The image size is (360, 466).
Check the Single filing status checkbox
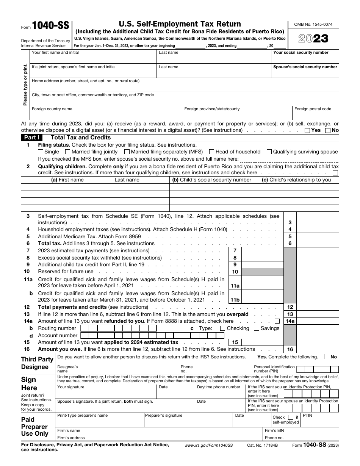[x=41, y=152]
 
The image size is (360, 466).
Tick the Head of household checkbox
[x=212, y=152]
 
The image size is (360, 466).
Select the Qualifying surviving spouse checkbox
[x=269, y=152]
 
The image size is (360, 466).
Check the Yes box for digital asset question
[x=307, y=130]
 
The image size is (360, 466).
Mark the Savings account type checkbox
[x=257, y=328]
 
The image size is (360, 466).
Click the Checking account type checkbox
[x=222, y=328]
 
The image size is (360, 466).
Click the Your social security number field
[x=305, y=59]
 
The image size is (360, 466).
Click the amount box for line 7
[x=262, y=251]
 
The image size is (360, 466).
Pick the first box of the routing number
[x=85, y=328]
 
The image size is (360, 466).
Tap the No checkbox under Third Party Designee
[x=327, y=357]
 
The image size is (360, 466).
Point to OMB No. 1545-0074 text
[x=313, y=25]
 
